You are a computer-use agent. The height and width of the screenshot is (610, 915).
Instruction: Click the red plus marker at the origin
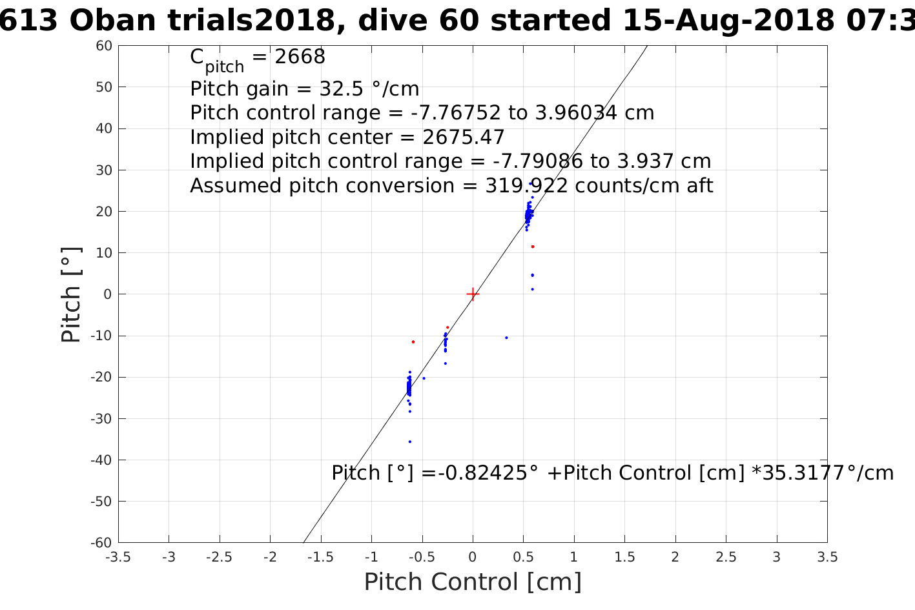473,294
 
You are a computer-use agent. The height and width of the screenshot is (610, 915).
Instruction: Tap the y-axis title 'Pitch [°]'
71,294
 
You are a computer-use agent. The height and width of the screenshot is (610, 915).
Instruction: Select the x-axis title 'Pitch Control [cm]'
473,582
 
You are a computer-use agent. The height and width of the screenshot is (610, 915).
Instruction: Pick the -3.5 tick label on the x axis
118,557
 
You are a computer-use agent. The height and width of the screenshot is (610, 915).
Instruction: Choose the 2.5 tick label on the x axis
726,557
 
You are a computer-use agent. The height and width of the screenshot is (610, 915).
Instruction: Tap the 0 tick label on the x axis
473,557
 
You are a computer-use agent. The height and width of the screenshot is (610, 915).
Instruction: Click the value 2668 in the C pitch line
300,57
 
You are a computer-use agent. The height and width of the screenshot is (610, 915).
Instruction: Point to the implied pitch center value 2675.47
463,137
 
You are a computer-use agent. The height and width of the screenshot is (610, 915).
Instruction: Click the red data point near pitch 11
533,247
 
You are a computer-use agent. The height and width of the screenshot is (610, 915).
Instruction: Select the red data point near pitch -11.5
413,341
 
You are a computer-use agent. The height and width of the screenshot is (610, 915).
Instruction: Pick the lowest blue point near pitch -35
410,442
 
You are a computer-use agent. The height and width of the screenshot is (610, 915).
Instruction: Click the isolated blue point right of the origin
506,338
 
